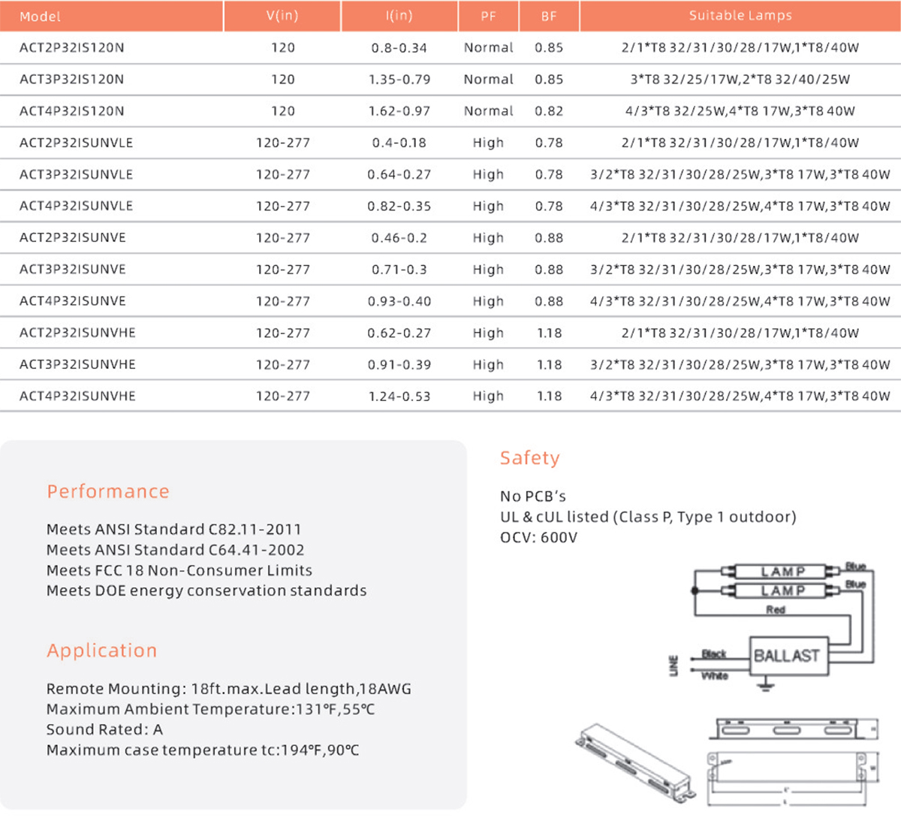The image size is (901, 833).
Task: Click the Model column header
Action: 40,17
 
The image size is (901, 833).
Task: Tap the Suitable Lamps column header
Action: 740,16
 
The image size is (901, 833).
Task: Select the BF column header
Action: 549,17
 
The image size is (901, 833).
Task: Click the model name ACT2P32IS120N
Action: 72,48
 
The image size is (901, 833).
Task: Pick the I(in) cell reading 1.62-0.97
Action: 399,111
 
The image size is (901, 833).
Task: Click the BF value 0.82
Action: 549,111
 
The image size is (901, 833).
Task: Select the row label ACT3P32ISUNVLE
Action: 76,174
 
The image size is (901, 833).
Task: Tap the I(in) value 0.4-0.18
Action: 399,143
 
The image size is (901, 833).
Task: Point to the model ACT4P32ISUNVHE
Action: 77,396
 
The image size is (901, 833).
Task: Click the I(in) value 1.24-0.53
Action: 399,396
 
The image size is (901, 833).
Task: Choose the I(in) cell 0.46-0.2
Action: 399,238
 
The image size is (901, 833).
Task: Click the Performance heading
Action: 108,491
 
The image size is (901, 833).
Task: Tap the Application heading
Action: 102,650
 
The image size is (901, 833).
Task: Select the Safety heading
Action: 530,457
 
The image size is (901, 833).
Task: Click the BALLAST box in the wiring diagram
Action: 786,656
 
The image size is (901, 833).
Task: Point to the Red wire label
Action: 776,610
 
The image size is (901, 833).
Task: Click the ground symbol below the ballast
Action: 765,684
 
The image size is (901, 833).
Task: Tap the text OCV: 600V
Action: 538,538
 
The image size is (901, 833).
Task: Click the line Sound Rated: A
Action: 104,730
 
